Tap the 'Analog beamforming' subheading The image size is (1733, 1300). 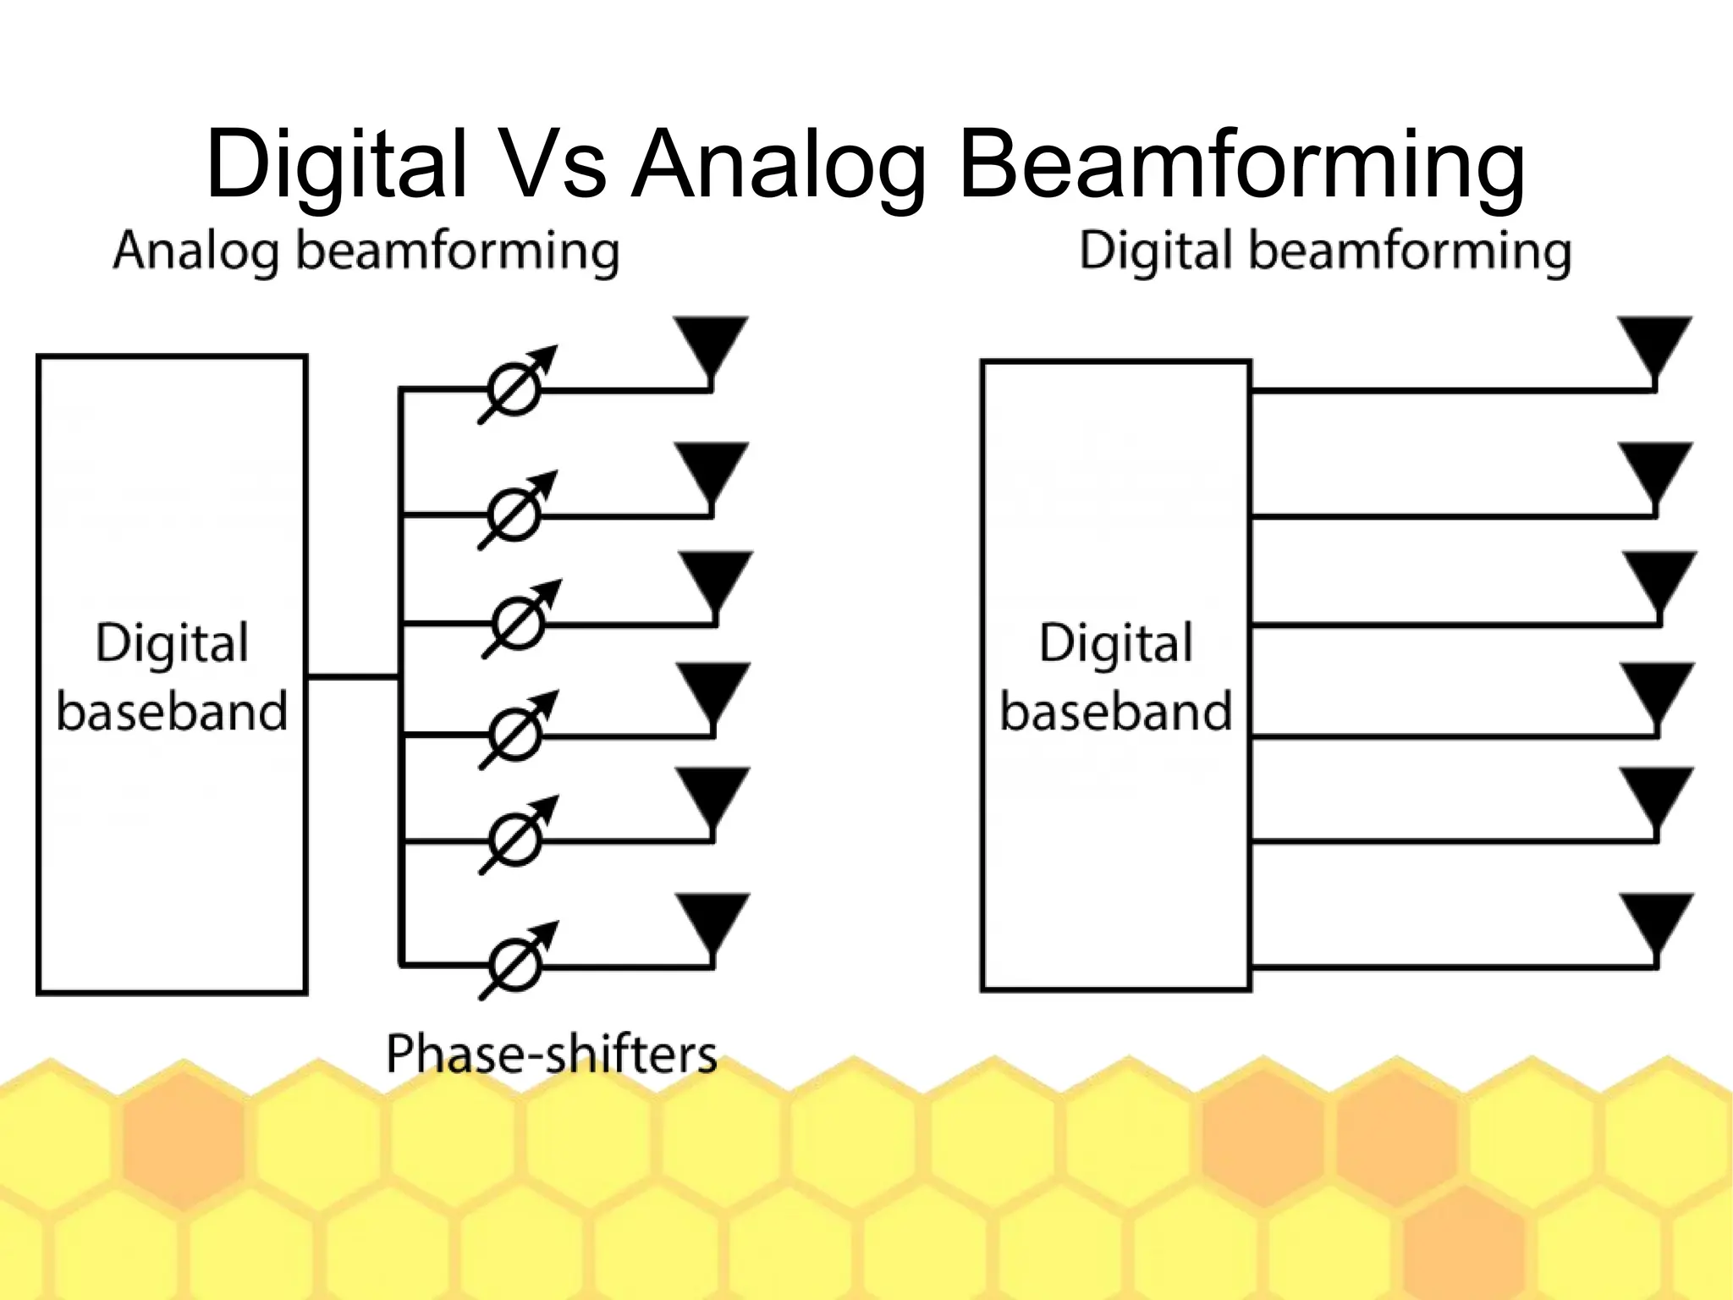[366, 252]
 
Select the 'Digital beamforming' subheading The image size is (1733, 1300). [1324, 252]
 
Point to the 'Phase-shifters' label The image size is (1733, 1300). [551, 1055]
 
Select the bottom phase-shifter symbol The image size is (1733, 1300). [515, 963]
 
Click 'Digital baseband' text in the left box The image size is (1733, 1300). [172, 676]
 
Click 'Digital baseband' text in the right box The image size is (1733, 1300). [1116, 676]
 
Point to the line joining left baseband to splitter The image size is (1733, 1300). [352, 676]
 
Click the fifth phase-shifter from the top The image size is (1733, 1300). [515, 839]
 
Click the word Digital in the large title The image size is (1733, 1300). [336, 163]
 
